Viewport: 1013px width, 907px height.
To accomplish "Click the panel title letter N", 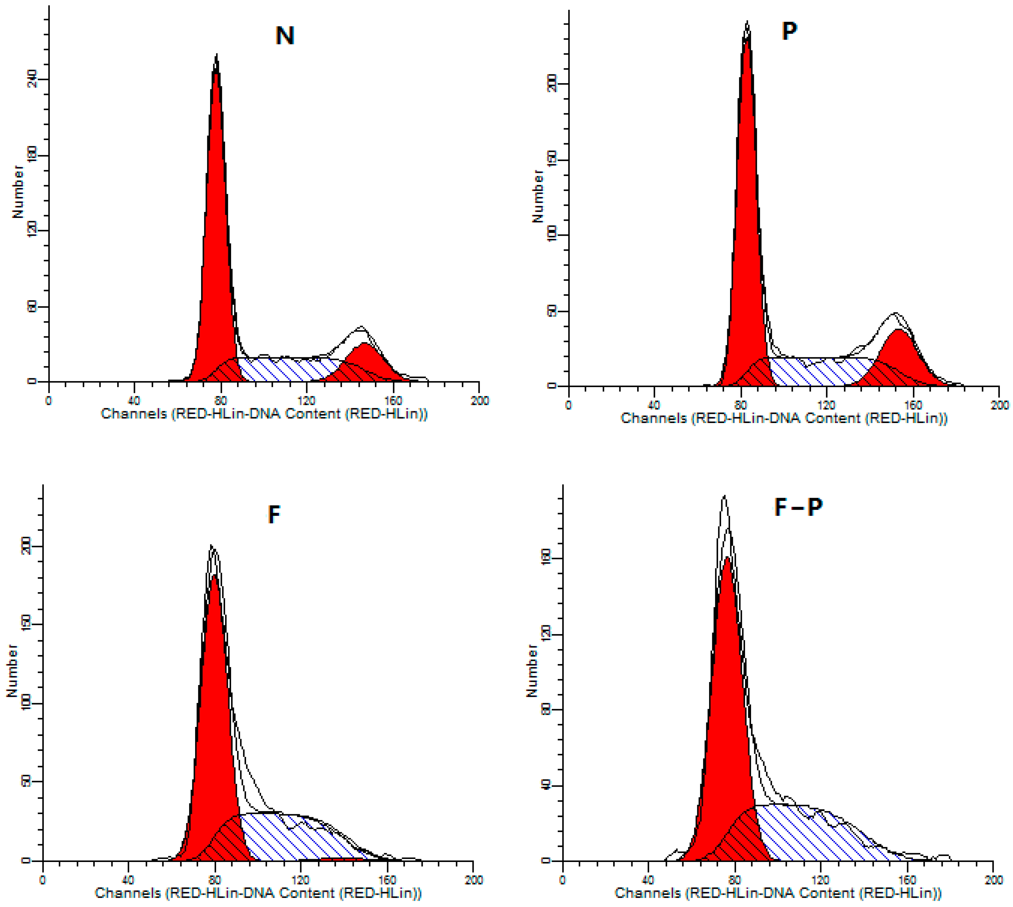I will (285, 36).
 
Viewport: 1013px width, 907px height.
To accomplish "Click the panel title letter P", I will (789, 31).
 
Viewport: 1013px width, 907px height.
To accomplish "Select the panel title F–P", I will (798, 507).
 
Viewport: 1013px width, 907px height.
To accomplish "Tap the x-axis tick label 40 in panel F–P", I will (648, 879).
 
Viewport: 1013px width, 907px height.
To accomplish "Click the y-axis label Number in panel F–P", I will (531, 671).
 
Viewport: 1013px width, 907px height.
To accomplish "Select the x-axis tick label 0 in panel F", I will (43, 879).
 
